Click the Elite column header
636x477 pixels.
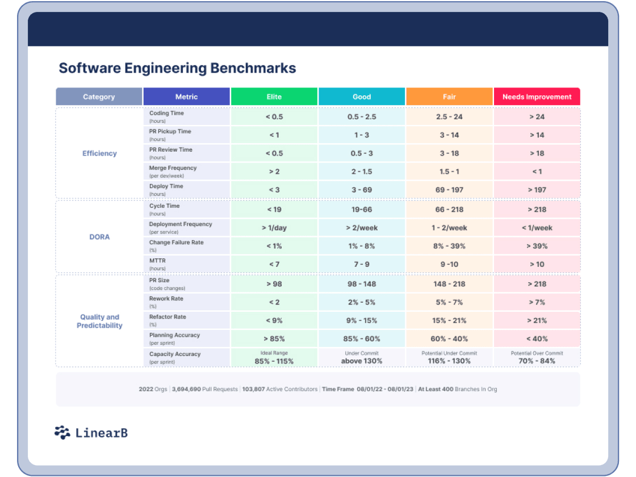point(274,97)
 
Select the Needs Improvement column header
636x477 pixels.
point(537,97)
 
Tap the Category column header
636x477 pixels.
point(99,97)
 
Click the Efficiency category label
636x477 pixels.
point(99,153)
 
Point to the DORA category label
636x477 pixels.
point(99,237)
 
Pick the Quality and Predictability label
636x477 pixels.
point(99,321)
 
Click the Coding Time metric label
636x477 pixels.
point(166,114)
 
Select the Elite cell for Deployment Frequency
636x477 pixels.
point(274,228)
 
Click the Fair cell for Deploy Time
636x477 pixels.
point(449,190)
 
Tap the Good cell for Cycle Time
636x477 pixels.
point(362,210)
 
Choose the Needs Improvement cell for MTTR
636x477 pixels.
point(537,264)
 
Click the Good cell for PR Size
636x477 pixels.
point(362,284)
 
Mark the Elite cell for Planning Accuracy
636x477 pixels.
point(274,339)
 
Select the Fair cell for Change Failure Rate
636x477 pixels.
point(449,246)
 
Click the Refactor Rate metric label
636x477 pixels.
point(168,317)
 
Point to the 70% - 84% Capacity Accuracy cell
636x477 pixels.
point(537,361)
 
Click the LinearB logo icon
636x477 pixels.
point(62,433)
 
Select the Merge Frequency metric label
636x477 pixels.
point(173,168)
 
